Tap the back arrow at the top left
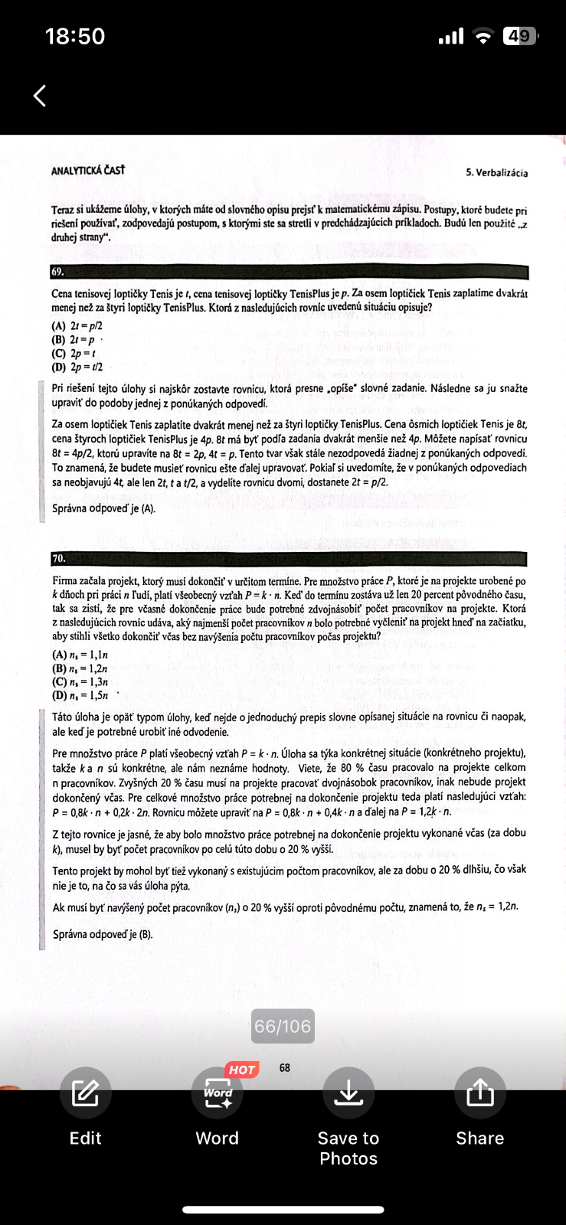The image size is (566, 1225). tap(40, 96)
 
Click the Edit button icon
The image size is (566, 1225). tap(85, 1093)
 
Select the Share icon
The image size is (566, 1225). tap(479, 1093)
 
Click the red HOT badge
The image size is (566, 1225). tap(241, 1070)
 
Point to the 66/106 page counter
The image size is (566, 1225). tap(283, 1026)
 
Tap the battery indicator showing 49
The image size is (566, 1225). tap(519, 36)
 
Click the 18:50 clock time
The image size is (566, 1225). tap(75, 36)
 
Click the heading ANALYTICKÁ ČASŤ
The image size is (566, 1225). tap(87, 170)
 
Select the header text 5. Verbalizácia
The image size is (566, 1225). tap(496, 173)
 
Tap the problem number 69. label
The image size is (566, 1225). tap(58, 272)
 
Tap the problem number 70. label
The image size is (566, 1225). tap(59, 559)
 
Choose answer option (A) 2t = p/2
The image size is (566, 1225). tap(77, 325)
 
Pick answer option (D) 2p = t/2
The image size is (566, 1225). tap(77, 367)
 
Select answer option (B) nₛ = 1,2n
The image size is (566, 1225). tap(80, 668)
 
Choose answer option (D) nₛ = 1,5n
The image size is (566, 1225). tap(80, 695)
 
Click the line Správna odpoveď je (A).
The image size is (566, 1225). tap(103, 508)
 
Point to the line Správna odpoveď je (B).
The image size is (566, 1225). tap(103, 934)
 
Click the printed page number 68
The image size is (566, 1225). tap(285, 1067)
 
